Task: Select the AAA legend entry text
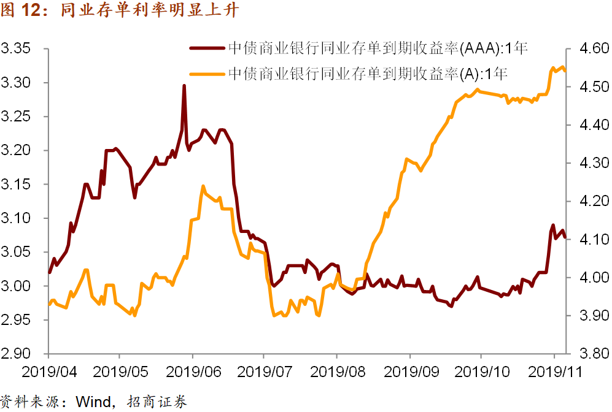coord(378,47)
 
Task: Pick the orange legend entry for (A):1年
coord(368,74)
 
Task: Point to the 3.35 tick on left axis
coord(18,49)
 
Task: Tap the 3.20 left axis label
coord(18,151)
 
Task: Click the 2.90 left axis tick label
coord(18,354)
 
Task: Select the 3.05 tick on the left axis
coord(18,253)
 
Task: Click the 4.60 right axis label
coord(590,49)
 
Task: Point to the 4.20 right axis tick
coord(590,202)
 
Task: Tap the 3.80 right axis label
coord(590,354)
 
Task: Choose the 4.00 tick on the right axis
coord(590,278)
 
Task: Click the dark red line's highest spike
coord(184,86)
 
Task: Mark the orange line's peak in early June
coord(203,186)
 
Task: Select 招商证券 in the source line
coord(157,402)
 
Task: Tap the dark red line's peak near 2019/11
coord(553,225)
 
